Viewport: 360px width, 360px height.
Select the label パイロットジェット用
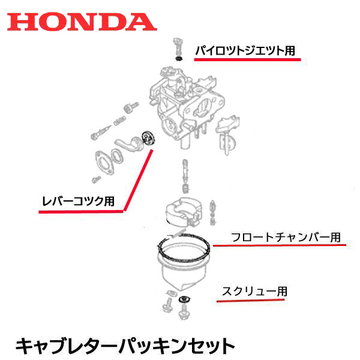pyautogui.click(x=245, y=51)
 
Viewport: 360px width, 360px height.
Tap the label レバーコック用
pyautogui.click(x=78, y=202)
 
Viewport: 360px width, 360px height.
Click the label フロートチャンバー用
pyautogui.click(x=286, y=236)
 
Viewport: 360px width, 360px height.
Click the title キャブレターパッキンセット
pyautogui.click(x=124, y=345)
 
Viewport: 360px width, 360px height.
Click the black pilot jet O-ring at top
pyautogui.click(x=178, y=59)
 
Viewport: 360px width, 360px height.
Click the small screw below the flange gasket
pyautogui.click(x=94, y=179)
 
